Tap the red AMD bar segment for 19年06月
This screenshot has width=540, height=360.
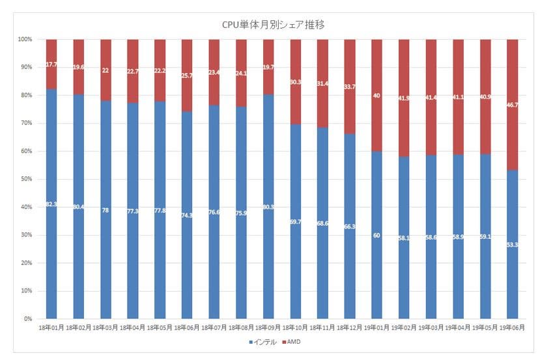pos(511,104)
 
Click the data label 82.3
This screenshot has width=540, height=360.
pos(51,204)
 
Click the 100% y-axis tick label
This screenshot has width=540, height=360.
pos(25,39)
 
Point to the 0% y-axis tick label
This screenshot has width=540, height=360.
pos(27,319)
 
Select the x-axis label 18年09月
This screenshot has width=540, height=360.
pos(267,327)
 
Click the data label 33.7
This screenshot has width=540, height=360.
pos(349,85)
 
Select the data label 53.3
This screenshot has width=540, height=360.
pos(511,244)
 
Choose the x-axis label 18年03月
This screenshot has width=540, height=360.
pos(106,327)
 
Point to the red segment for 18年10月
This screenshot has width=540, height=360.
pos(294,81)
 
